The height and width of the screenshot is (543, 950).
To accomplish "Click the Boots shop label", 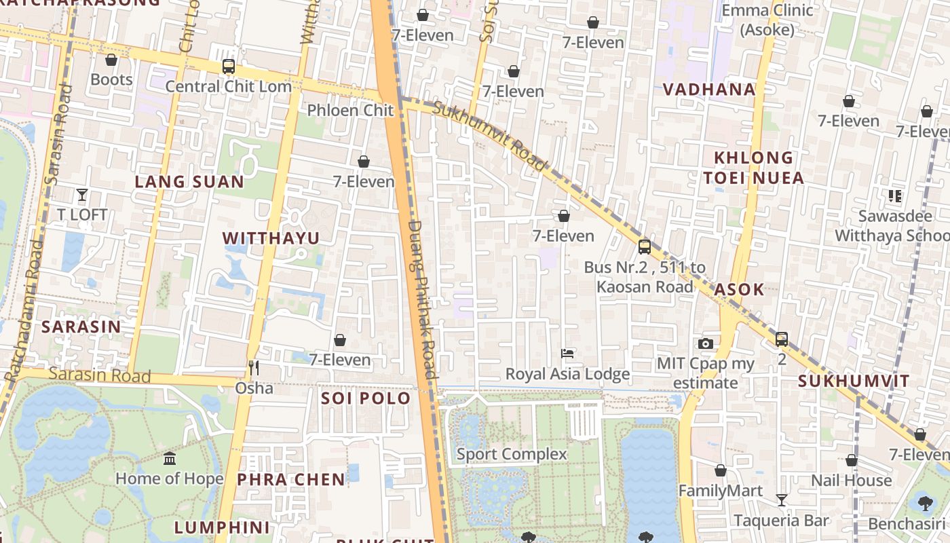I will tap(111, 79).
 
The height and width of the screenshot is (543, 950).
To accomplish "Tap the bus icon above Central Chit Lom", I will tap(229, 67).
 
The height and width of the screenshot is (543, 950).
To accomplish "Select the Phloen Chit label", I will tap(350, 110).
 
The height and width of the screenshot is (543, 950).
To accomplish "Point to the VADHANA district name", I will tap(708, 90).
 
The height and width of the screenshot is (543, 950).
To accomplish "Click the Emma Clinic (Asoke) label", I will tap(767, 20).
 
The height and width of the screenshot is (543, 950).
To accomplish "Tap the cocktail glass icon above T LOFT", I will tap(82, 195).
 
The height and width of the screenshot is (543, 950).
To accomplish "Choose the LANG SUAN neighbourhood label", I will tap(189, 182).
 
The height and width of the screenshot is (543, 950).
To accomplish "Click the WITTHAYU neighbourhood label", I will tap(271, 238).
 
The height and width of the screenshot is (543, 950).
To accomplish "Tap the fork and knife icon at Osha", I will tap(254, 368).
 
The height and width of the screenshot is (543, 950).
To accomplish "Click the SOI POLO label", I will tap(366, 398).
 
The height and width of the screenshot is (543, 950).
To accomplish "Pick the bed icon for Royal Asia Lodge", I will tap(567, 354).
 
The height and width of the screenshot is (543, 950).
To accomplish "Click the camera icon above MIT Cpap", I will tap(705, 344).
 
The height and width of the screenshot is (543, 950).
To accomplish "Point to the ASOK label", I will tap(738, 290).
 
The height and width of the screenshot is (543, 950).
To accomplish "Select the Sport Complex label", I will tap(511, 454).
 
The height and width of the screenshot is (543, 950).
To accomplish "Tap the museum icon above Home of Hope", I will tap(170, 459).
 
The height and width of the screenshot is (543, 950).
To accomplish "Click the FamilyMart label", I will tap(720, 491).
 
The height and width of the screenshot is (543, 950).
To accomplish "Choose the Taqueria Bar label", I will tap(781, 521).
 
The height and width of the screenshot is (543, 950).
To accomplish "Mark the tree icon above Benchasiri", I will tap(924, 503).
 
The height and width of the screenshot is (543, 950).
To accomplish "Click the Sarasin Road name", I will tap(99, 375).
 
